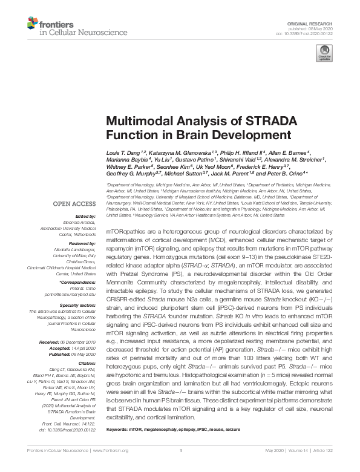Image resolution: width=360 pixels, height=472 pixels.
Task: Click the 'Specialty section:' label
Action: pos(75,306)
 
